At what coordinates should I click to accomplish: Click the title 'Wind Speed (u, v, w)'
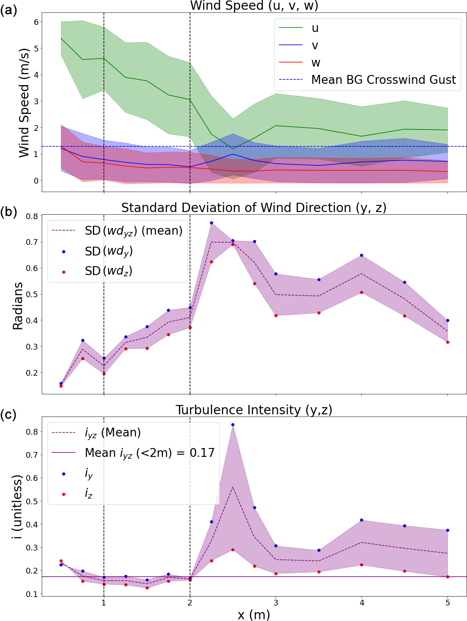coord(254,6)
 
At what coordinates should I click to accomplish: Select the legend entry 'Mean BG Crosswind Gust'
coord(383,80)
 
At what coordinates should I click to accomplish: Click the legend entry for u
coord(315,28)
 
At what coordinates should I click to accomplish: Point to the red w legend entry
coord(315,63)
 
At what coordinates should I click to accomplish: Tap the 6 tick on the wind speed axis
coord(36,22)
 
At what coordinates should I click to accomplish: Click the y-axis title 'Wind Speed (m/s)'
coord(24,102)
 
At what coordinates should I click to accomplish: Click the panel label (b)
coord(8,212)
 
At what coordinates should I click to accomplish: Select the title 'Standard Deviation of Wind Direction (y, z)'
coord(254,208)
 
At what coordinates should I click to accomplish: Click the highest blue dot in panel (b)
coord(211,223)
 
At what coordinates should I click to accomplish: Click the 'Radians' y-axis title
coord(18,306)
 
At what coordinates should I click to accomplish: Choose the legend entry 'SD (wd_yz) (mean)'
coord(133,231)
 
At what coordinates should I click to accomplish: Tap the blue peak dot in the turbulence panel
coord(233,424)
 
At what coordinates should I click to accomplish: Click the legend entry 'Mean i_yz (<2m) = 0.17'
coord(150,453)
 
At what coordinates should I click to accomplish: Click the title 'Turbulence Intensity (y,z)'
coord(254,410)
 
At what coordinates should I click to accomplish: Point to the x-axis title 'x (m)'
coord(253,614)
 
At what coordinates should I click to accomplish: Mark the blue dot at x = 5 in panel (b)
coord(447,320)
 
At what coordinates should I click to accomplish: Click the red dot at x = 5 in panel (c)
coord(447,577)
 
